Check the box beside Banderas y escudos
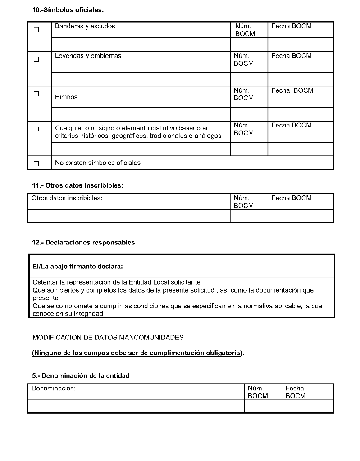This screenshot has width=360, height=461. click(36, 30)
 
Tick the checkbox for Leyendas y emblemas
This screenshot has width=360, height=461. click(36, 59)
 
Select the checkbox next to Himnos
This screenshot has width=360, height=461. click(36, 94)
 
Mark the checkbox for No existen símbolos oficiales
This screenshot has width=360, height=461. click(36, 163)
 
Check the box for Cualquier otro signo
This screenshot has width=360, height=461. click(36, 129)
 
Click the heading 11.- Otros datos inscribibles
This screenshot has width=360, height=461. click(77, 185)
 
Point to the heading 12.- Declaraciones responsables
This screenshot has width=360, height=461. click(83, 243)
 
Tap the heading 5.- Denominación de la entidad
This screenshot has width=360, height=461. click(81, 376)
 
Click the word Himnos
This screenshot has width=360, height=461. click(66, 97)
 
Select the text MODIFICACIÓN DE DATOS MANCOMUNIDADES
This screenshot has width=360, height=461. click(108, 337)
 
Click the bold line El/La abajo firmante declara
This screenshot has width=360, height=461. click(77, 267)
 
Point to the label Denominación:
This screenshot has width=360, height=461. click(54, 388)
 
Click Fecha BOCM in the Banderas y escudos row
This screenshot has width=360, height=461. click(291, 26)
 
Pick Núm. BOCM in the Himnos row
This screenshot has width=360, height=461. click(244, 94)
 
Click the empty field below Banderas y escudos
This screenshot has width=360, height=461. click(141, 45)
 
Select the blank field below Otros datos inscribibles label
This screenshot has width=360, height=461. click(129, 216)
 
